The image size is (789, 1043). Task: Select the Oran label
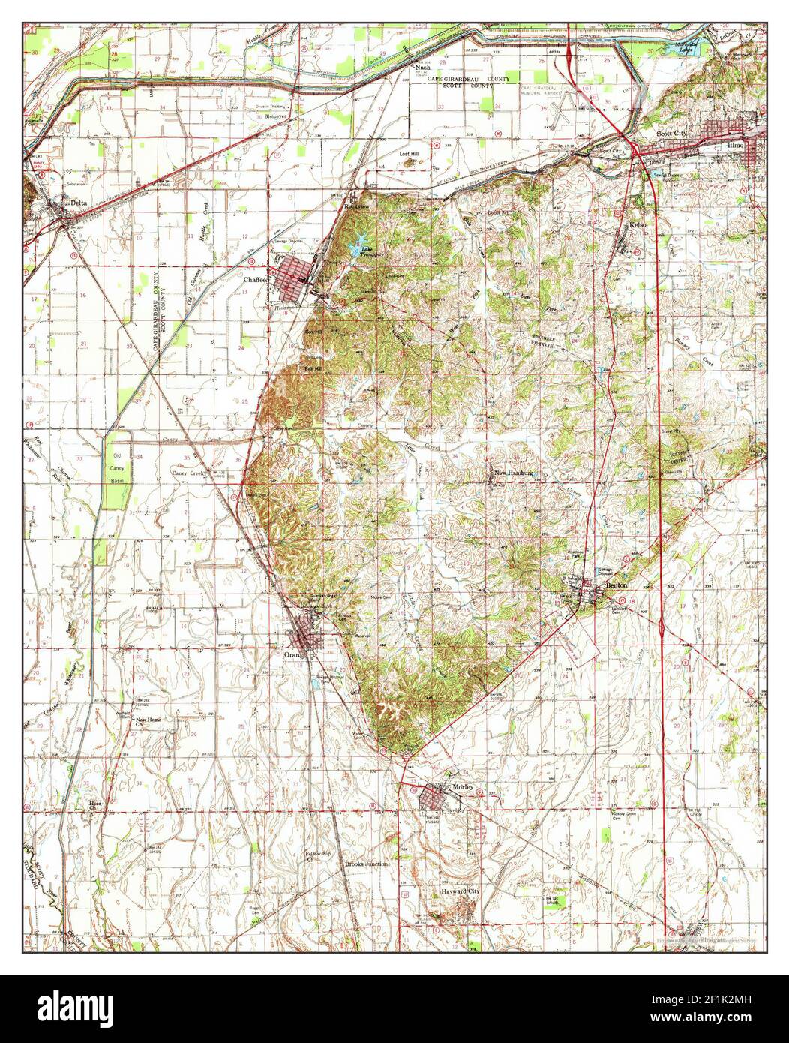[292, 654]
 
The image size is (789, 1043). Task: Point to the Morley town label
[464, 786]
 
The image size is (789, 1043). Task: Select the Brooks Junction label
[366, 864]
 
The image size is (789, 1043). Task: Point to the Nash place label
[422, 67]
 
